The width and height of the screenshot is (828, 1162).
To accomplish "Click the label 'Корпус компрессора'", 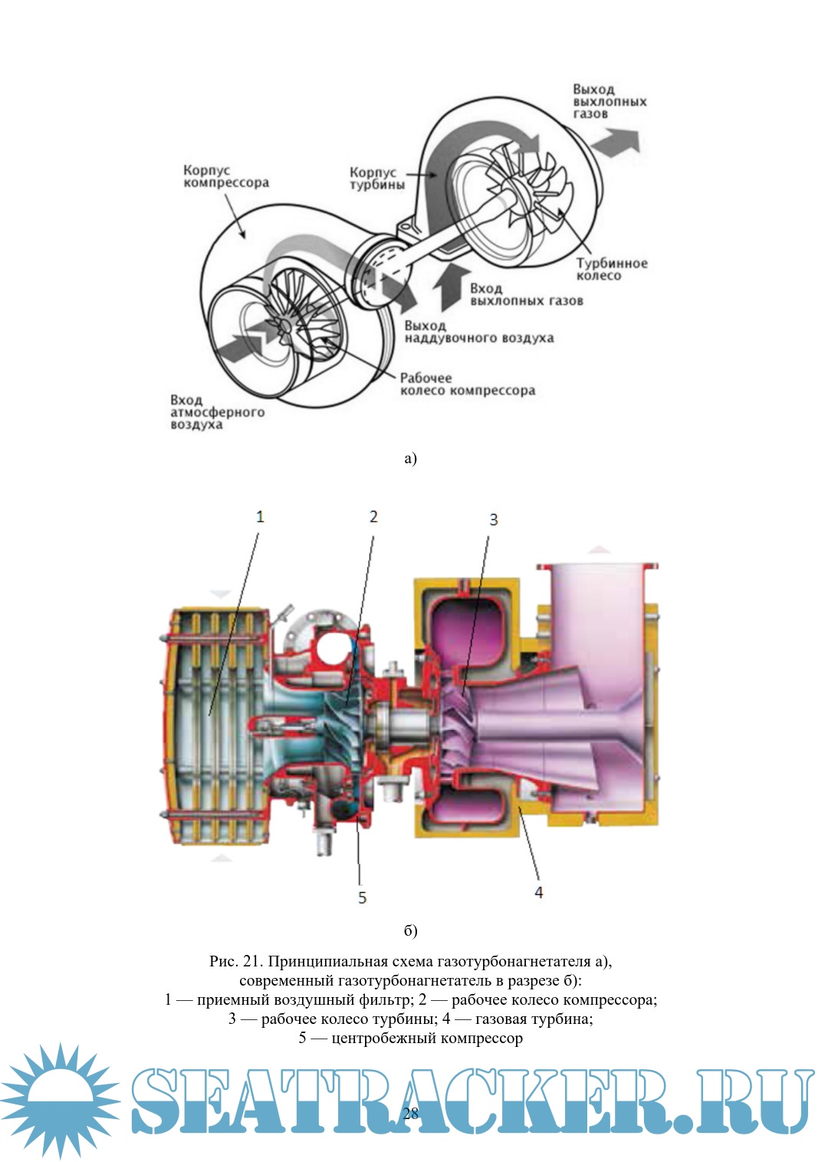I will tap(225, 176).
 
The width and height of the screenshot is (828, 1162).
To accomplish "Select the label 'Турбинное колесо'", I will tap(611, 269).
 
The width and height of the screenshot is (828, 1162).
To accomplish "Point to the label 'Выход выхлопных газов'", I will tap(609, 101).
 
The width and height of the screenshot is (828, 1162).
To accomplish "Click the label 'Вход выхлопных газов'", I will tap(526, 295).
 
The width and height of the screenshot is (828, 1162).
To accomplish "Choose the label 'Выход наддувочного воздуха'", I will tap(478, 331).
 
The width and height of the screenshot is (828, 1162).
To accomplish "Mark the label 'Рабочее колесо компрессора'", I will tap(467, 383).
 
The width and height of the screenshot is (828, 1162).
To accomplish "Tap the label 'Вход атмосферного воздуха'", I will tap(216, 412).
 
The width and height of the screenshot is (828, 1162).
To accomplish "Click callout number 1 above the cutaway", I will tap(260, 516).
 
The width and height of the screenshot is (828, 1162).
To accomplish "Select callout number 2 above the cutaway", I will tap(373, 516).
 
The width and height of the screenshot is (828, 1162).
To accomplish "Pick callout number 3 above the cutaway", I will tap(494, 519).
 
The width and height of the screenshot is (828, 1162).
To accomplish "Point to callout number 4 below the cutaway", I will tap(539, 892).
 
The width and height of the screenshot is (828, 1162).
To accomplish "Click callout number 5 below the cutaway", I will tap(363, 897).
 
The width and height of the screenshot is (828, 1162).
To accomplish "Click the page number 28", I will tap(411, 1114).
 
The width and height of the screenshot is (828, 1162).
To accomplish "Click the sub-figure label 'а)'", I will tap(410, 459).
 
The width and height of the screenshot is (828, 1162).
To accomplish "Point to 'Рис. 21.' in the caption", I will tap(236, 961).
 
